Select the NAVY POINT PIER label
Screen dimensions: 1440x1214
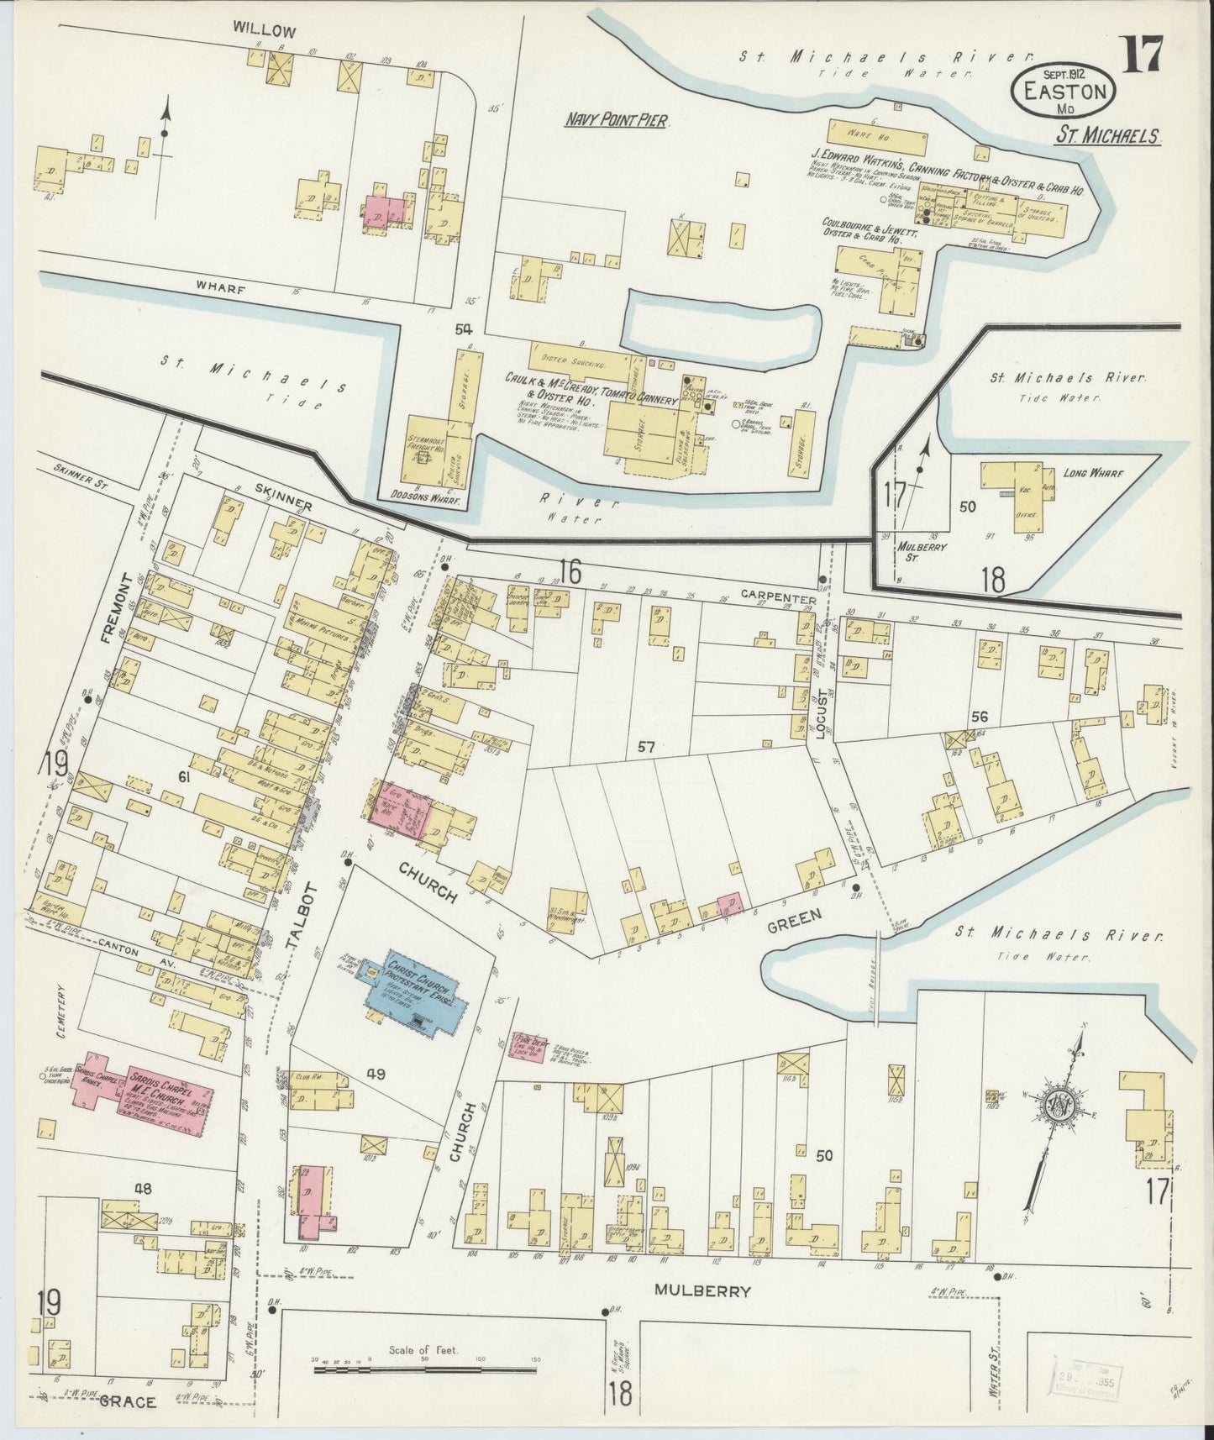(x=616, y=121)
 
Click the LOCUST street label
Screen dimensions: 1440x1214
(x=824, y=709)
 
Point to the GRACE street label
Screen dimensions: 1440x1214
(x=128, y=1402)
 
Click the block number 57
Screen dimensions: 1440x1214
(x=645, y=745)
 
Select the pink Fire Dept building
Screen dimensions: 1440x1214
(x=528, y=1049)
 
